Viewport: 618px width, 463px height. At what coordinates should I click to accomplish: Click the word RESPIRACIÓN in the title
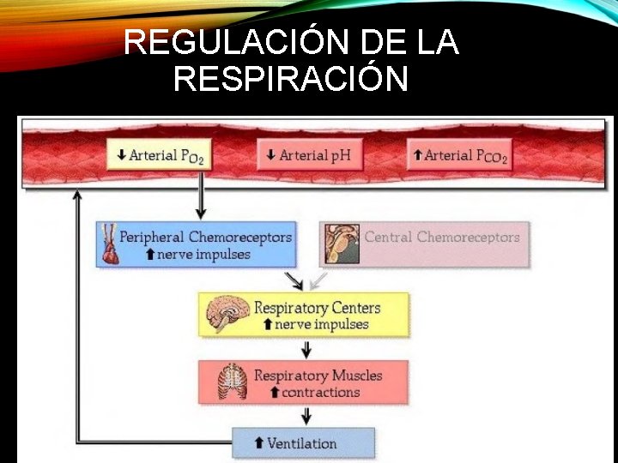click(290, 80)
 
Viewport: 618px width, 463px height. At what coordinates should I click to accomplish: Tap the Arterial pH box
click(309, 155)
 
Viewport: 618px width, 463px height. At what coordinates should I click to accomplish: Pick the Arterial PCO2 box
click(460, 155)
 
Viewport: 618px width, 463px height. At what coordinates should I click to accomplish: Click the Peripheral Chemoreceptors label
click(205, 237)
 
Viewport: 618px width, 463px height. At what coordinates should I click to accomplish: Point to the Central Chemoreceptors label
click(442, 237)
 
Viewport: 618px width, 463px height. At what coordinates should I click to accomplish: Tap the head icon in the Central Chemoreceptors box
click(342, 244)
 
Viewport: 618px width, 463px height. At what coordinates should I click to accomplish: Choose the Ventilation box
click(304, 443)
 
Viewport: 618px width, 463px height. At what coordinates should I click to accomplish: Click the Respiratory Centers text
click(317, 308)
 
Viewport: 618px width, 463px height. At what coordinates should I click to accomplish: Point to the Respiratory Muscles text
click(318, 376)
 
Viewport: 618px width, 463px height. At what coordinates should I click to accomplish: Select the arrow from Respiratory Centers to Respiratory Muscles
click(306, 349)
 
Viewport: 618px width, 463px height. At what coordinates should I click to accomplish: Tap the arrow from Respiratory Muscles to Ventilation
click(306, 416)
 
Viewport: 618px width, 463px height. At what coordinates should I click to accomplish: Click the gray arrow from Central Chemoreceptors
click(318, 280)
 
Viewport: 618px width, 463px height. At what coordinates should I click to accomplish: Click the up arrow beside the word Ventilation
click(258, 443)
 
